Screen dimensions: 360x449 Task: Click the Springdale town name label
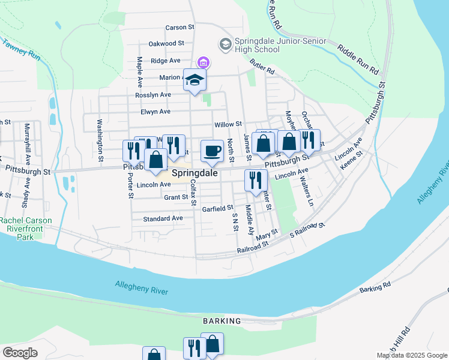tap(194, 173)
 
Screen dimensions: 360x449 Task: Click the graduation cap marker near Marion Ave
tap(194, 80)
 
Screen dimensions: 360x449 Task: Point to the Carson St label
tap(180, 28)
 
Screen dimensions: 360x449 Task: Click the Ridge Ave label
tap(166, 61)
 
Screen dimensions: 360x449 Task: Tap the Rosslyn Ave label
tap(153, 95)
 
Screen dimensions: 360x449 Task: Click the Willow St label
tap(228, 125)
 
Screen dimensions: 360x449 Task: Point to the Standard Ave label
tap(163, 219)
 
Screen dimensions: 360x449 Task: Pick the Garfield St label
tap(217, 208)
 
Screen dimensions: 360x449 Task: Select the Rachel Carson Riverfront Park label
tap(26, 229)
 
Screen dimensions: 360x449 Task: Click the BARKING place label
tap(221, 321)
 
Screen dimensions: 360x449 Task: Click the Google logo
tap(20, 353)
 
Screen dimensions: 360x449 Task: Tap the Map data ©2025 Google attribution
tap(411, 355)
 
